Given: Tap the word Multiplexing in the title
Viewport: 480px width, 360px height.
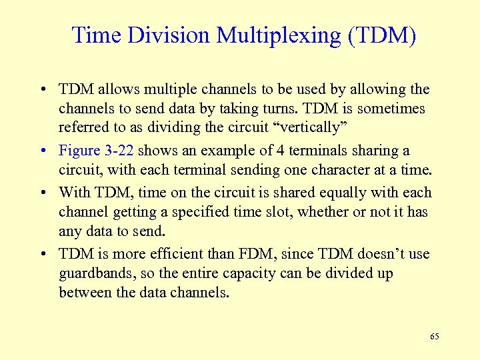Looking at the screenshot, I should pyautogui.click(x=276, y=35).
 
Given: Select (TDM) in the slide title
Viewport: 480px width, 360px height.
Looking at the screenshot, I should pyautogui.click(x=381, y=35).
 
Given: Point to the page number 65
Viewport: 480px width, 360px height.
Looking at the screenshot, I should pyautogui.click(x=435, y=337).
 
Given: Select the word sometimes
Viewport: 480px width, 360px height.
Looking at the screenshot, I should pyautogui.click(x=395, y=108).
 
